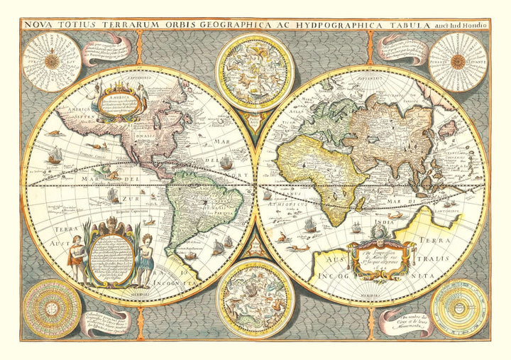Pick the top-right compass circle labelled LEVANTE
tap(458, 61)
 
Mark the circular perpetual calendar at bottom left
tap(50, 308)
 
